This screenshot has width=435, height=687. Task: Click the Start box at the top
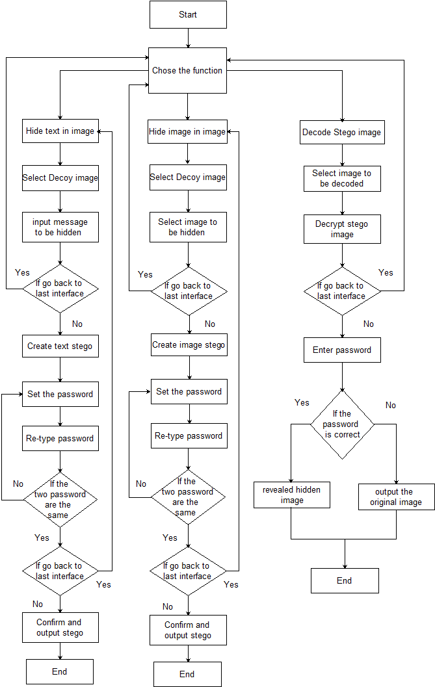pyautogui.click(x=188, y=14)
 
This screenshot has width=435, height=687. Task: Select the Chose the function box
pyautogui.click(x=187, y=70)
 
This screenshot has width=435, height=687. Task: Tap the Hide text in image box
pyautogui.click(x=60, y=131)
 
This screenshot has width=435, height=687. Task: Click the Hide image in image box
pyautogui.click(x=188, y=131)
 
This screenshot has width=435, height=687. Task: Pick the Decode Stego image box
pyautogui.click(x=342, y=133)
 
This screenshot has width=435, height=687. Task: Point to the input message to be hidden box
pyautogui.click(x=60, y=227)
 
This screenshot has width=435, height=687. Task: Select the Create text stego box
pyautogui.click(x=60, y=346)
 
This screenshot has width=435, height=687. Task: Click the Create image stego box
pyautogui.click(x=189, y=345)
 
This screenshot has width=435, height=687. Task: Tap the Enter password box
pyautogui.click(x=342, y=350)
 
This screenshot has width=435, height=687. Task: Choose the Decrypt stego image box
pyautogui.click(x=342, y=229)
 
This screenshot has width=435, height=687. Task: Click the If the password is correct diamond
pyautogui.click(x=342, y=424)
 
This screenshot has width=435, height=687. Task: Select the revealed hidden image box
pyautogui.click(x=292, y=495)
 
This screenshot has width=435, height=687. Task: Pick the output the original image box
pyautogui.click(x=396, y=497)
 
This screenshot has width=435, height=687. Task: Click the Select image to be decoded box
pyautogui.click(x=342, y=179)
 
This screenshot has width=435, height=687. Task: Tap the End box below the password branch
pyautogui.click(x=345, y=580)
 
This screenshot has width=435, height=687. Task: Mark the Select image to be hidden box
pyautogui.click(x=188, y=227)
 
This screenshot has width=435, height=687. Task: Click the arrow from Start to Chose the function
pyautogui.click(x=188, y=38)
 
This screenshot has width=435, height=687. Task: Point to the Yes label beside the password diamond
pyautogui.click(x=302, y=403)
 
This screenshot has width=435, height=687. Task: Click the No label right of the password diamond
pyautogui.click(x=390, y=405)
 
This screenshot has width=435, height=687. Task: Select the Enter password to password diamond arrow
pyautogui.click(x=342, y=376)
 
